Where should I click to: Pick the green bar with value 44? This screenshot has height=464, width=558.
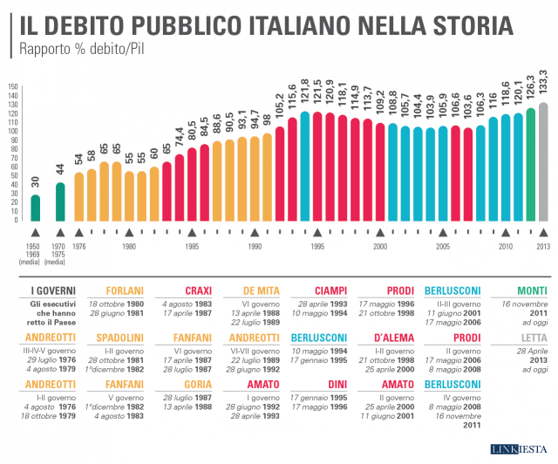[x=60, y=201]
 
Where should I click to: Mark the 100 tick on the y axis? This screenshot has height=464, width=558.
[x=12, y=132]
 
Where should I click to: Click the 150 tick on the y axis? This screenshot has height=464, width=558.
[x=12, y=87]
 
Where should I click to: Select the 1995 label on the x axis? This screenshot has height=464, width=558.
[x=317, y=247]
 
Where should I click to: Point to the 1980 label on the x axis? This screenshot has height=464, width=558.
[x=129, y=247]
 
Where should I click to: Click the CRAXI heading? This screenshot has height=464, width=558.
[x=199, y=291]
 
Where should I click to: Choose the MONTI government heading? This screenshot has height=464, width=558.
[x=532, y=291]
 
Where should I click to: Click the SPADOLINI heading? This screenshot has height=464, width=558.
[x=123, y=338]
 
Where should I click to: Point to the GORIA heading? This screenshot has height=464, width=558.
[x=200, y=384]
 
